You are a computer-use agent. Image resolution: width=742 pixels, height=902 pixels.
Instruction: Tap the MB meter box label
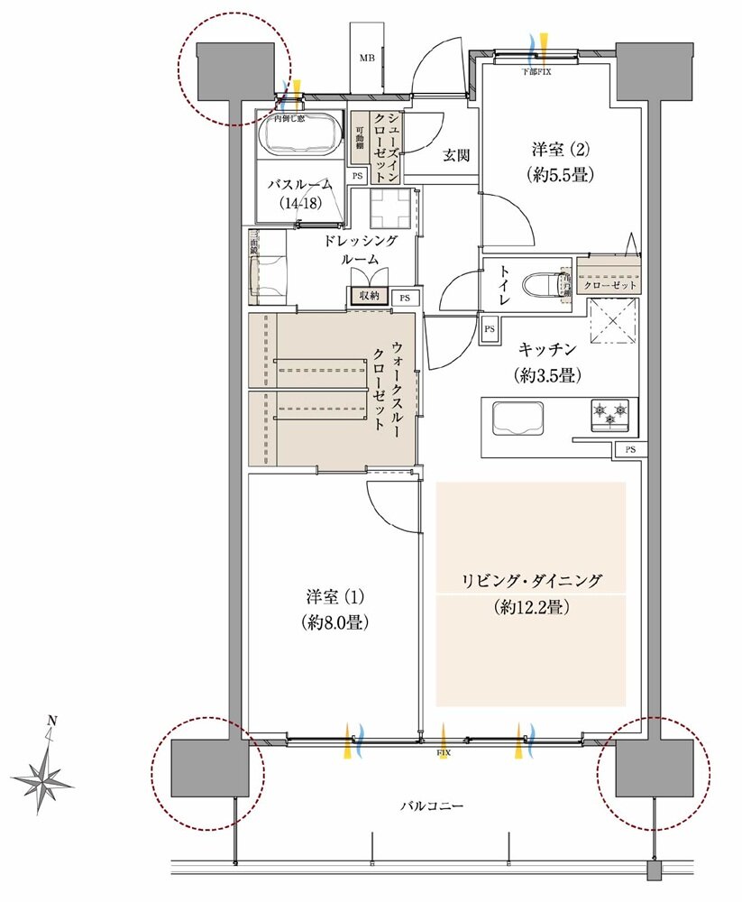367,59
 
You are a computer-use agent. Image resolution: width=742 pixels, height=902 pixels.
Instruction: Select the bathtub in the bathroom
300,134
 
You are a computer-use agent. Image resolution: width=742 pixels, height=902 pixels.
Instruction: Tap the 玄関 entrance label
455,155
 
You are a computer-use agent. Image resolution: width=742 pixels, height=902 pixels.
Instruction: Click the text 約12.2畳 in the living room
531,607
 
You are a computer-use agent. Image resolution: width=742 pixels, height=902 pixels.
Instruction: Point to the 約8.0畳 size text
333,621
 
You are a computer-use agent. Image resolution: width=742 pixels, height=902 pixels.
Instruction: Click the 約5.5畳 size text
562,176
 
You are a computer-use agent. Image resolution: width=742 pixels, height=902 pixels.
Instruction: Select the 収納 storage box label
369,296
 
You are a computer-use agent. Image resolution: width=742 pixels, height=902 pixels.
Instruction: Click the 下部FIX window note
536,70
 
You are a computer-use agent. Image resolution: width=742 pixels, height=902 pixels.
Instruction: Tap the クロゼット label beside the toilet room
610,285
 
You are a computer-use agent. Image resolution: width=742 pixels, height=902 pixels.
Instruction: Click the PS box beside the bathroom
358,176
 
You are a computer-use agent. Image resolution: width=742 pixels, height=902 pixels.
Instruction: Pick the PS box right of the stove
628,449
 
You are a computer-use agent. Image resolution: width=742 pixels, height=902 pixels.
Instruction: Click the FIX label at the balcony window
443,750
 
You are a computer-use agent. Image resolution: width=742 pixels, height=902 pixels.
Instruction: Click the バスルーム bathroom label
297,184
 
